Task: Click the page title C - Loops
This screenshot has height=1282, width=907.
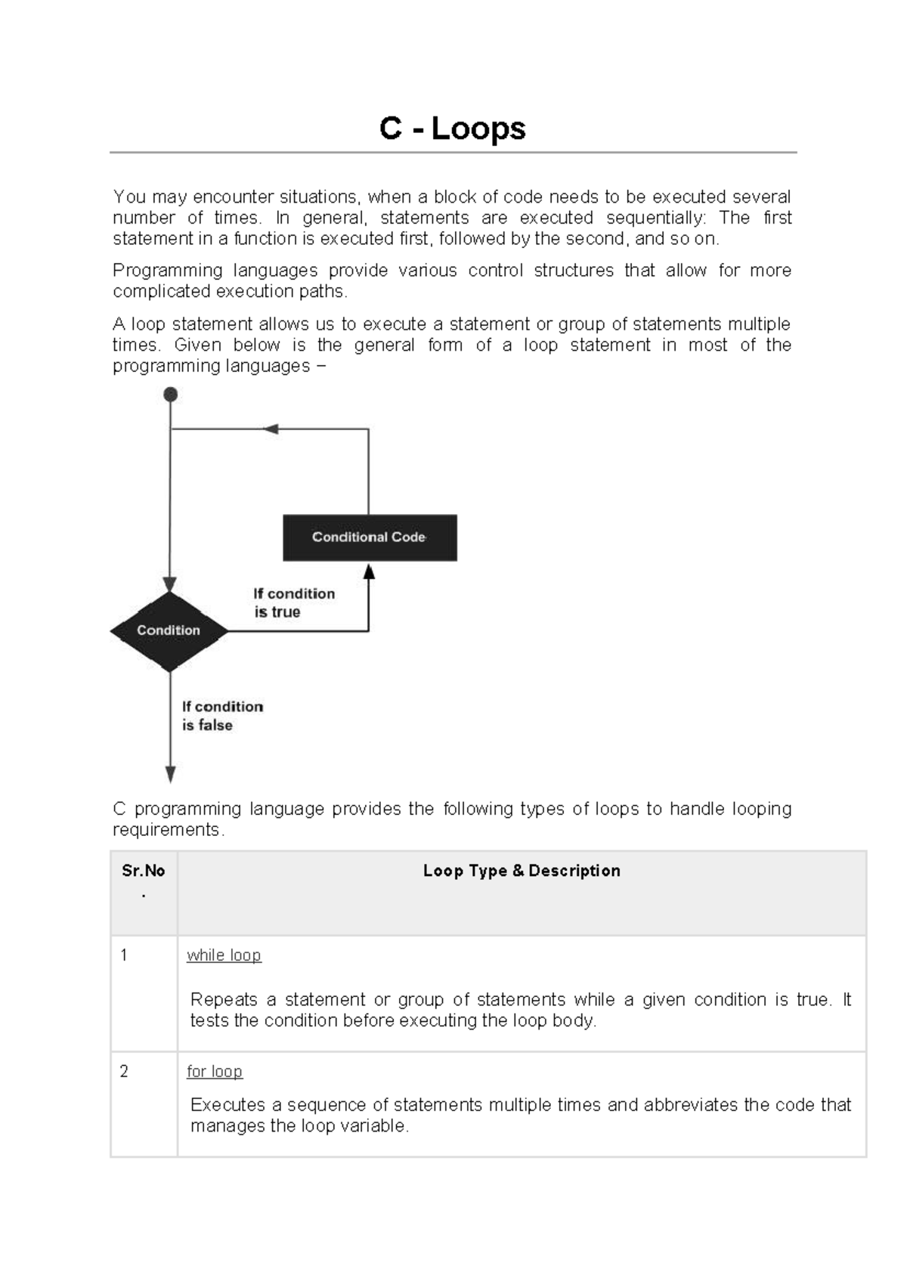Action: [x=452, y=129]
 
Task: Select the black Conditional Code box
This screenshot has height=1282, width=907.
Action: [x=370, y=537]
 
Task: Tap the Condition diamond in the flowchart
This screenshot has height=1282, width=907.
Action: [x=169, y=630]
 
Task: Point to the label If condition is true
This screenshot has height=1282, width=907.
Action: [x=293, y=602]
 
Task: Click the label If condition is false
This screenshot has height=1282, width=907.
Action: [x=222, y=715]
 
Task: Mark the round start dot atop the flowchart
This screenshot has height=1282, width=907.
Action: [x=171, y=395]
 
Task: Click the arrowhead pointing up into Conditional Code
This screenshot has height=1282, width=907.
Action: [x=369, y=572]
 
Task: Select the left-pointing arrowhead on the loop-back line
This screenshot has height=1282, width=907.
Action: [x=271, y=429]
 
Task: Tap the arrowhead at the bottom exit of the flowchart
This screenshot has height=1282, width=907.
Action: [x=171, y=774]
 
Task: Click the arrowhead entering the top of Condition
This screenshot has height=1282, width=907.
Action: [x=170, y=584]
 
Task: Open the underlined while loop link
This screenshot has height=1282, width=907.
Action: [x=224, y=955]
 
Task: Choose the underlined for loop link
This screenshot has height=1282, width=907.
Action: [x=215, y=1071]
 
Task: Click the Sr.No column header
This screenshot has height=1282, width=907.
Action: [x=144, y=871]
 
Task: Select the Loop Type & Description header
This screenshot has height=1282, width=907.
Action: [x=522, y=871]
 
